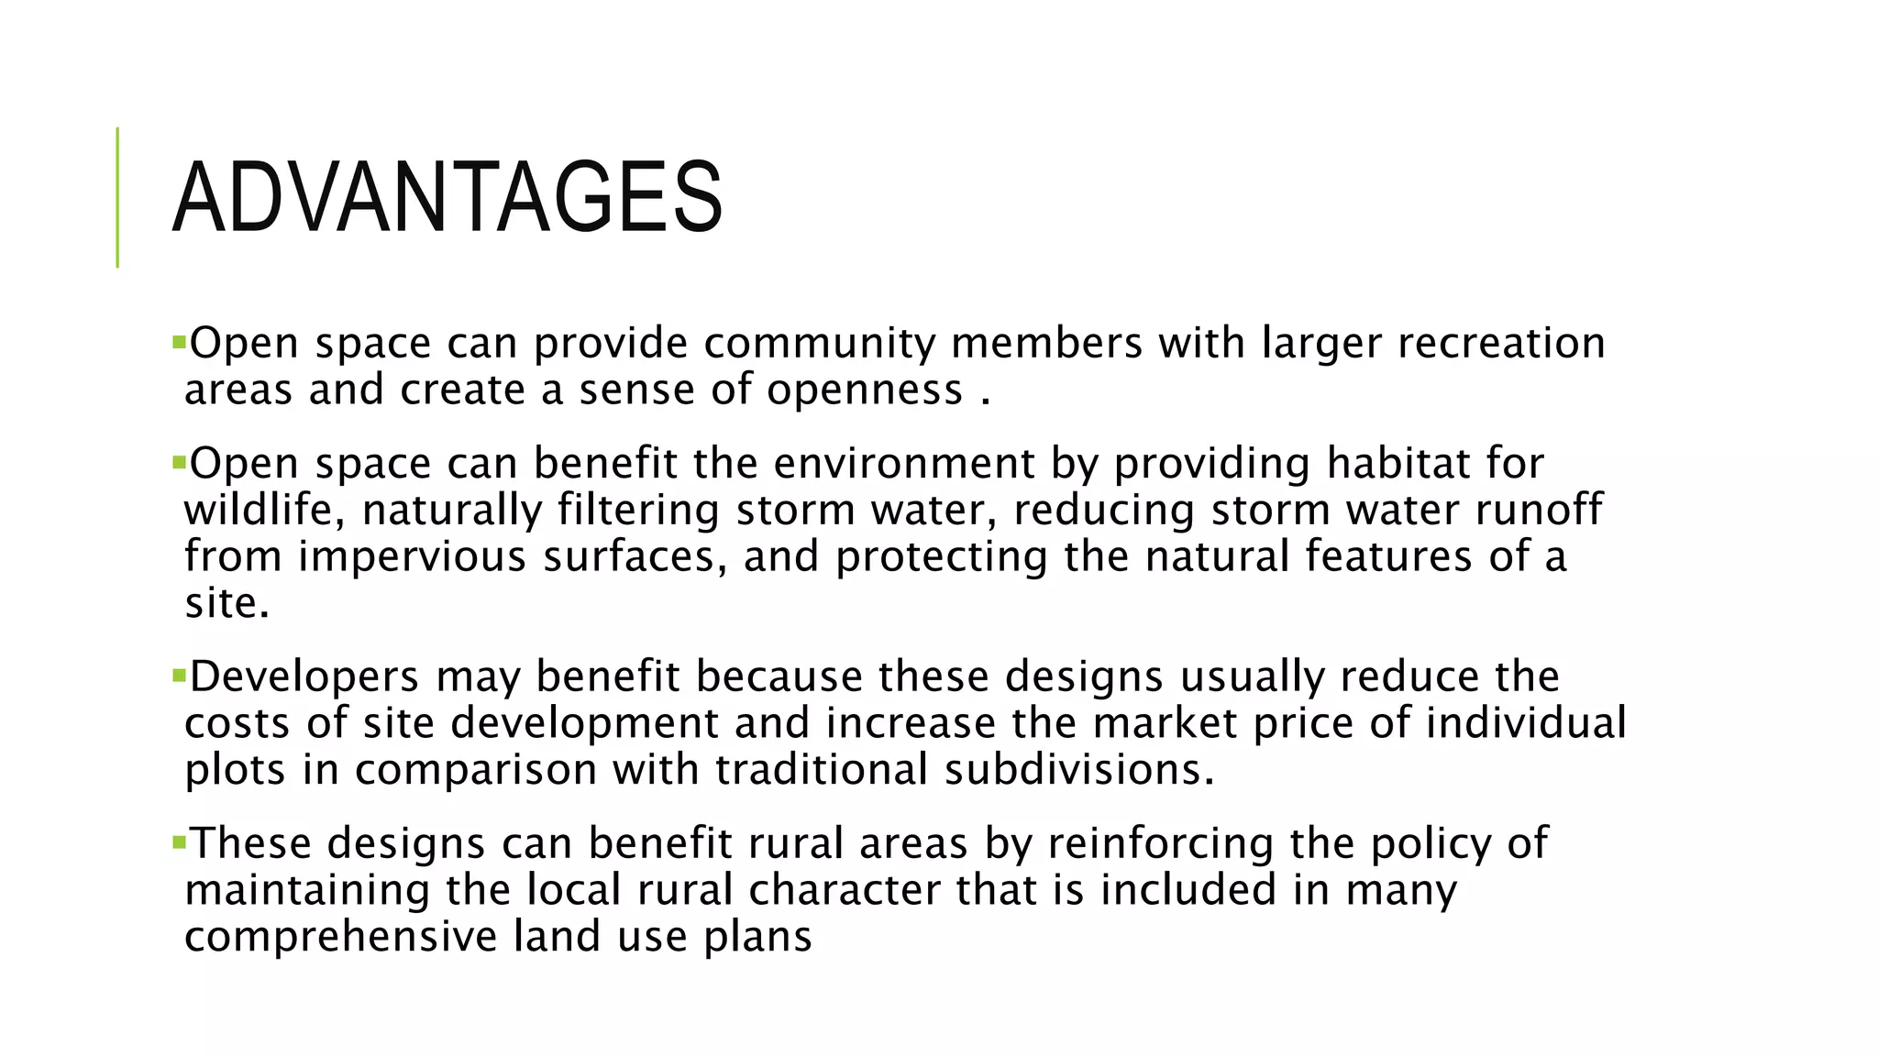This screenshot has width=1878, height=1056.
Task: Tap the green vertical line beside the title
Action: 117,197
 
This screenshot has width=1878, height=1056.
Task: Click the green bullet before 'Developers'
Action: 178,676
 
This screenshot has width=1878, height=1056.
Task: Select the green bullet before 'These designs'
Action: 178,841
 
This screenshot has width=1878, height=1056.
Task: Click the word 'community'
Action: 819,344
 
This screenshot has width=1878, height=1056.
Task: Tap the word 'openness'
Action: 865,390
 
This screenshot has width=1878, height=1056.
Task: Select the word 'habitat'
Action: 1395,463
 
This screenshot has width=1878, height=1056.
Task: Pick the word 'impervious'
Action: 412,557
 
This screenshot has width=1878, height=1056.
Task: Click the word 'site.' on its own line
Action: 226,603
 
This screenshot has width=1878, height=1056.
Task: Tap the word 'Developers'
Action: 304,677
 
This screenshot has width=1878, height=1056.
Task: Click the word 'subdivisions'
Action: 1078,769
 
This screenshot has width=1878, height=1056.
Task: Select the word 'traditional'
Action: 822,769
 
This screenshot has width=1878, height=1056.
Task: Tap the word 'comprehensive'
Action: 340,937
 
